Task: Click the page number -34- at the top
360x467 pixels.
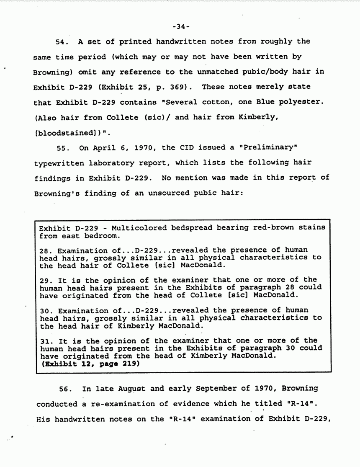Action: point(181,26)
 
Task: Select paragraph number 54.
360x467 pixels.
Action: point(62,41)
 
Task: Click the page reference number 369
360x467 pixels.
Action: point(183,87)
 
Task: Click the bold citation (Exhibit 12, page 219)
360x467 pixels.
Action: point(90,364)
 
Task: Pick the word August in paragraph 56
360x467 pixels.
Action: point(130,389)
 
